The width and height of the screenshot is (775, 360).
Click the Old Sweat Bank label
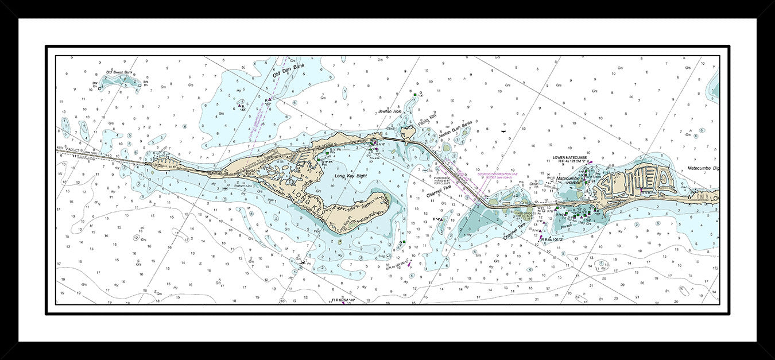pyautogui.click(x=119, y=72)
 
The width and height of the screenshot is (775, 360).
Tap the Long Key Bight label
pyautogui.click(x=350, y=176)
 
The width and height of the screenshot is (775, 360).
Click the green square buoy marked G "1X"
pyautogui.click(x=414, y=94)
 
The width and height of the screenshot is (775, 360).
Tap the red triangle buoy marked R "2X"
pyautogui.click(x=269, y=99)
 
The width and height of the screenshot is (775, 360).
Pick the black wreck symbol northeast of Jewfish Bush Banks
pyautogui.click(x=503, y=131)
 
